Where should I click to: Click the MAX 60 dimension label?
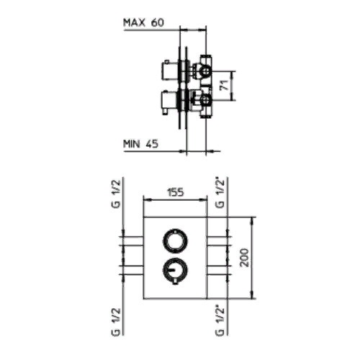(143, 22)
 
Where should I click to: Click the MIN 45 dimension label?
(140, 144)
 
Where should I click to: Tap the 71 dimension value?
(225, 86)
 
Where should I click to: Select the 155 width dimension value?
(175, 192)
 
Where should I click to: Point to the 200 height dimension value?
(245, 258)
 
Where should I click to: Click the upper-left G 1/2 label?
(116, 194)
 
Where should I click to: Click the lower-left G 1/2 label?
(116, 322)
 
